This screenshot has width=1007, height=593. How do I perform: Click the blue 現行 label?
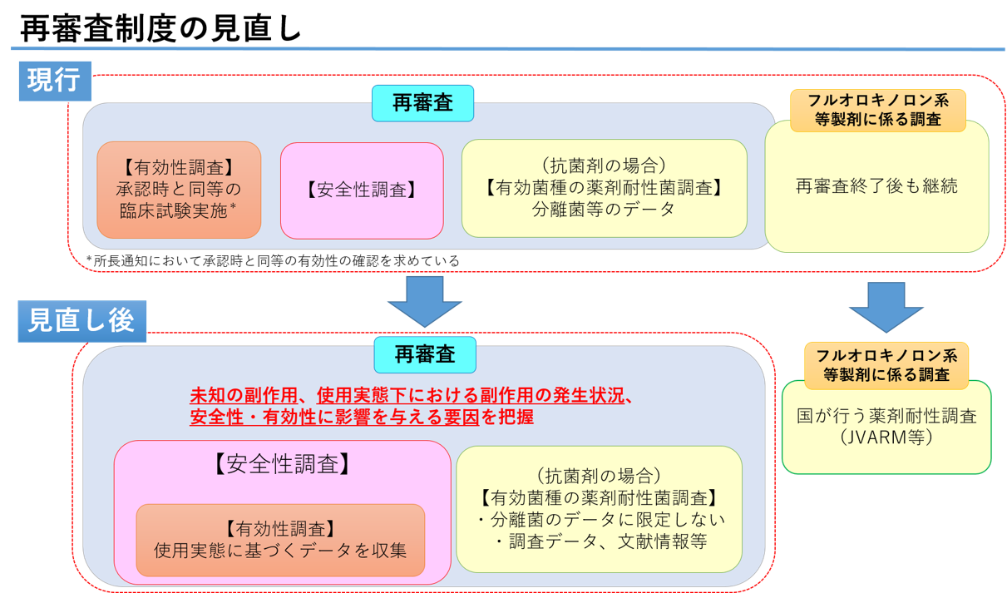(54, 81)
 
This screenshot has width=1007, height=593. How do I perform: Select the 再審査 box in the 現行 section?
(422, 103)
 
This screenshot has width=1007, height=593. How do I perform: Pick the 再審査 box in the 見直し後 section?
(425, 354)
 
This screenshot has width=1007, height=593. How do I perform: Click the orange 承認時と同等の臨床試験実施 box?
(179, 190)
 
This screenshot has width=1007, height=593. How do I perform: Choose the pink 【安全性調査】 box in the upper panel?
(362, 190)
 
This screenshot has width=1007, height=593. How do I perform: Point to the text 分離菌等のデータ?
(604, 210)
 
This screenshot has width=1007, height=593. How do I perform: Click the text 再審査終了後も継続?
(876, 185)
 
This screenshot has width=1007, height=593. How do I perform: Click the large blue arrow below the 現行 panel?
(424, 300)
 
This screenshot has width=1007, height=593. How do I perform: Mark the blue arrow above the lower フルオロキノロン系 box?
(886, 307)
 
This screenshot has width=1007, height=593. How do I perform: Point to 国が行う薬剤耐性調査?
(886, 416)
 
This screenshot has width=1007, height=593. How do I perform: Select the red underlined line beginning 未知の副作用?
(412, 397)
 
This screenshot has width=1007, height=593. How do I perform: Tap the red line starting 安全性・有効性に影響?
(362, 417)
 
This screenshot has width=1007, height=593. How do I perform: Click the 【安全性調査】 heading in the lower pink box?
(282, 464)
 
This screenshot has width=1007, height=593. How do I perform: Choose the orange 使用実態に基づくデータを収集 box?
(280, 541)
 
